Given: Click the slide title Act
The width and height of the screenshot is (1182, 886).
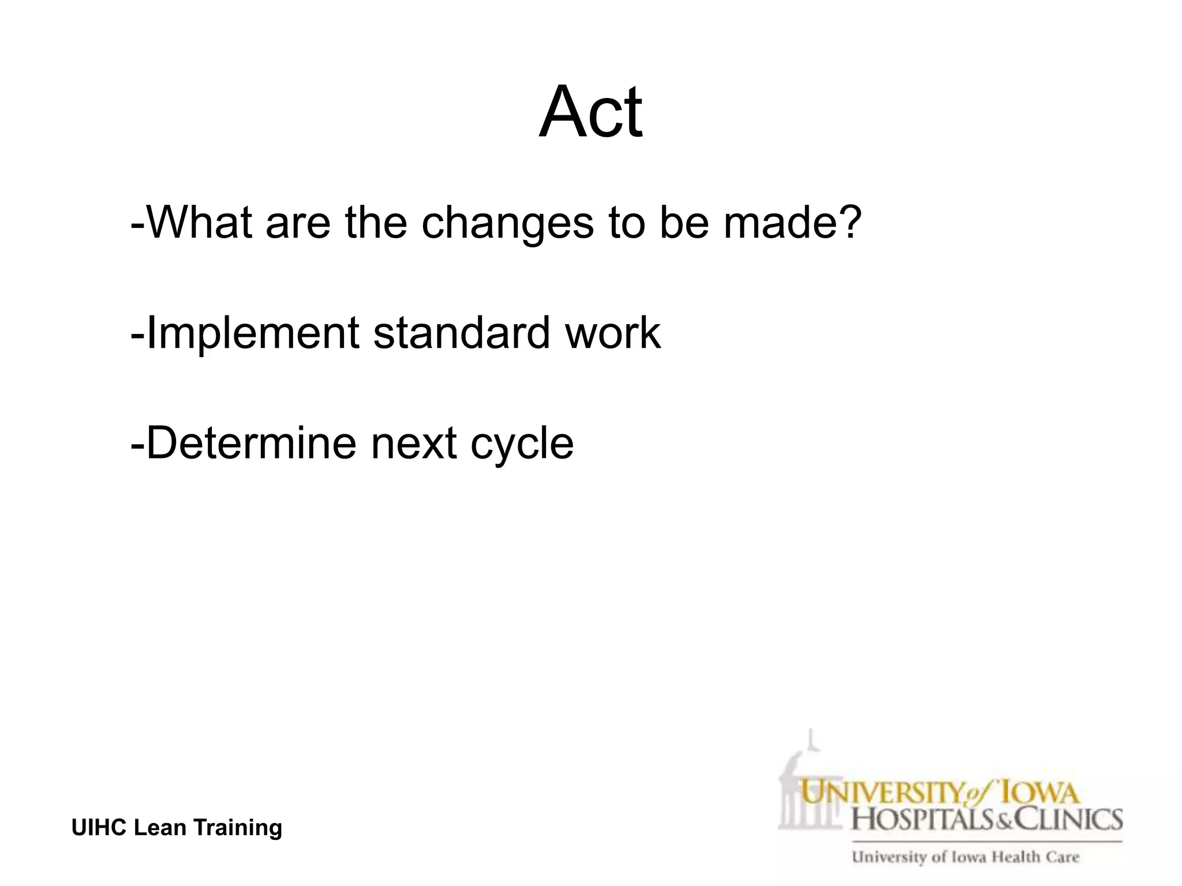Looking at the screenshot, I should pyautogui.click(x=590, y=112).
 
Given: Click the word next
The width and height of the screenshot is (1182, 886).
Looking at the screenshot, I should pyautogui.click(x=413, y=443).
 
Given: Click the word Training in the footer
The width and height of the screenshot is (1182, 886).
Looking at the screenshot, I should pyautogui.click(x=237, y=828).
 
